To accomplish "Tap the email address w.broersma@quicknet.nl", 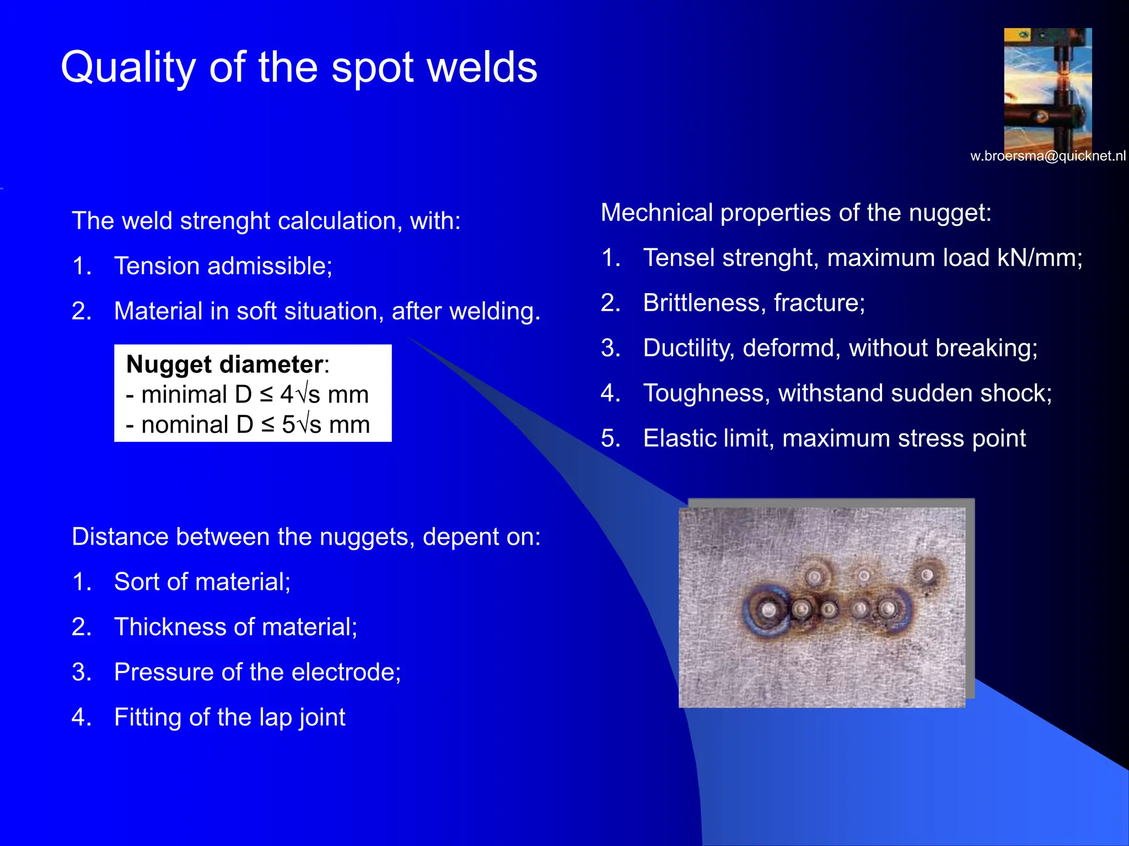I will coord(1047,156).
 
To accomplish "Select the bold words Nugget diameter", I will coord(224,365).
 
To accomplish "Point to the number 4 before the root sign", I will coord(287,394).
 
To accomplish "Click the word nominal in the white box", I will coord(185,425).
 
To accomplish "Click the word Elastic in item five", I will coord(678,438).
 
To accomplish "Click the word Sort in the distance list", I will coord(136,582).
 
